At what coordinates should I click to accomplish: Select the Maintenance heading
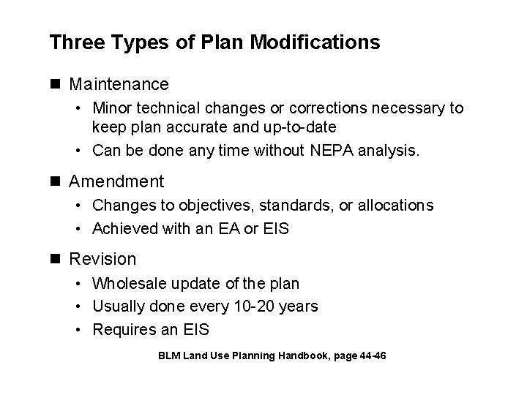tap(119, 85)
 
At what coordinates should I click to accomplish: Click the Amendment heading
tap(116, 181)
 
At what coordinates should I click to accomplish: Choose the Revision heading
tap(102, 259)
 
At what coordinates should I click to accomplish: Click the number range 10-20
tap(250, 306)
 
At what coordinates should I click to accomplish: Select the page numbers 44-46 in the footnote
tap(370, 356)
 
